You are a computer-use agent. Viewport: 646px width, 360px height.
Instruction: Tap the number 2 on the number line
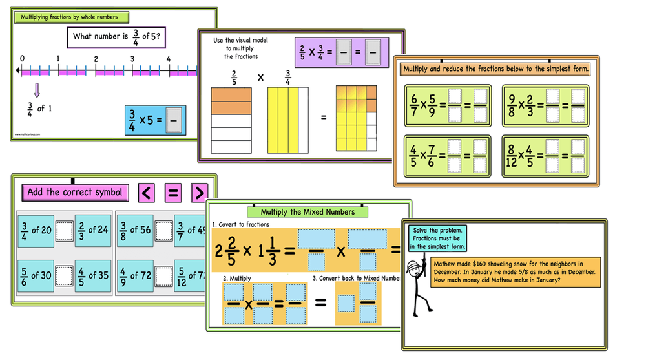click(96, 59)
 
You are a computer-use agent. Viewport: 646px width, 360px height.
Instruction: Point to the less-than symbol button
click(147, 192)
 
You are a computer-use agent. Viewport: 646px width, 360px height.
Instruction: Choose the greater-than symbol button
click(199, 192)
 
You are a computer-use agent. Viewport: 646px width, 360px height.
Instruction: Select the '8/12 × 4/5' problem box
click(545, 155)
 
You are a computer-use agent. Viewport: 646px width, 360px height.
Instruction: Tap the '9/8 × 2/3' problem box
click(545, 105)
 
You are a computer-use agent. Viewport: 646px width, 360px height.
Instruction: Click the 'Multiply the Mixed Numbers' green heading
click(307, 211)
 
